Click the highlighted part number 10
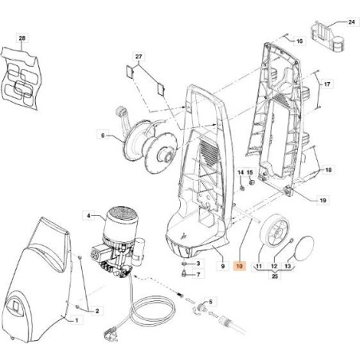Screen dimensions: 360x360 240,266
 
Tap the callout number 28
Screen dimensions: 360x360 22,38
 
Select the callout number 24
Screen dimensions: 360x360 351,22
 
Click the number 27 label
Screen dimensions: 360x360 139,57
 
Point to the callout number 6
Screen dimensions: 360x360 103,135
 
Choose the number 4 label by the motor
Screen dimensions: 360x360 89,216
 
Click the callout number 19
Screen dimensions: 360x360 323,200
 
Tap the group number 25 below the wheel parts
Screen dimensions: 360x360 275,276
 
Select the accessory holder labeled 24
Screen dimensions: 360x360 327,36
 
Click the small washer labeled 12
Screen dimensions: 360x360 292,241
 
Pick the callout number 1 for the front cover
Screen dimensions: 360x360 77,320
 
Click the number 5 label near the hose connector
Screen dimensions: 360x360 210,302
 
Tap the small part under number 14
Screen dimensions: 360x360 242,188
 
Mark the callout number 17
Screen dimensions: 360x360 327,84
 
